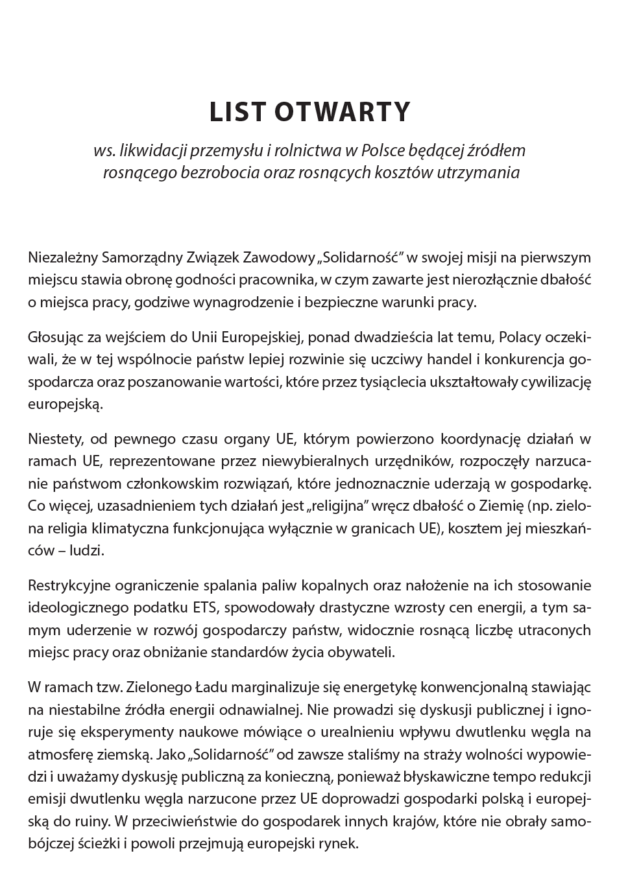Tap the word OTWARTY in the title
[x=343, y=111]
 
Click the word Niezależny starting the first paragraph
[x=63, y=257]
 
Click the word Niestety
[x=54, y=439]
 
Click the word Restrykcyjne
[x=69, y=585]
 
